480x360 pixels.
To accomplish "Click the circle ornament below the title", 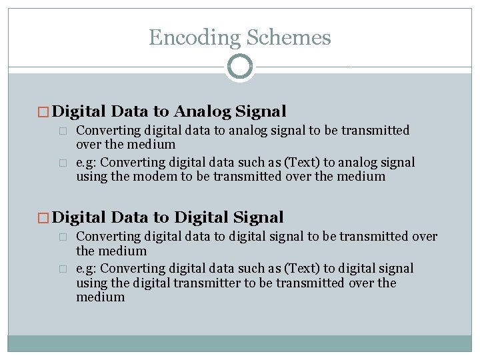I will pos(240,67).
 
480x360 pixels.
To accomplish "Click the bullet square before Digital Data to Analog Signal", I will pos(45,111).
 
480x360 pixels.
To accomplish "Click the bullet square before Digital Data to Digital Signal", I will pos(45,218).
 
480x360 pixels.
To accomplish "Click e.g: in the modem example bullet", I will pos(86,162).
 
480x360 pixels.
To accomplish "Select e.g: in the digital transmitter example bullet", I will pos(86,269).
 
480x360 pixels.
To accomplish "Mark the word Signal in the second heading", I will pos(259,217).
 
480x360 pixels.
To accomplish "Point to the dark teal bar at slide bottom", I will pos(240,343).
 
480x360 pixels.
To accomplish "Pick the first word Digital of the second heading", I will pos(80,217).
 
